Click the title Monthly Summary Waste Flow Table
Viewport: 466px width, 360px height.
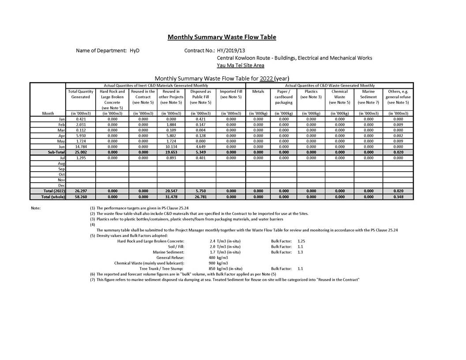[x=222, y=37]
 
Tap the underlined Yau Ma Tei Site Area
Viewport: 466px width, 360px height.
[x=241, y=65]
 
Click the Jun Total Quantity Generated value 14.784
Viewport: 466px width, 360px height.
[x=80, y=146]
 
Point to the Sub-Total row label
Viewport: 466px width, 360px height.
[x=55, y=152]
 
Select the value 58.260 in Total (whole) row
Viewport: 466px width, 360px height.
[x=80, y=197]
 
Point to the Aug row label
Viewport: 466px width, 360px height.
[x=61, y=163]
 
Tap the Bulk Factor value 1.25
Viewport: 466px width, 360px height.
[x=301, y=241]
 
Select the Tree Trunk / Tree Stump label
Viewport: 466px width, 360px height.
[x=162, y=268]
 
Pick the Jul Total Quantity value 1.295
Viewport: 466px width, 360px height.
[x=80, y=157]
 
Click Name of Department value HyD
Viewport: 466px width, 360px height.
[x=134, y=51]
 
